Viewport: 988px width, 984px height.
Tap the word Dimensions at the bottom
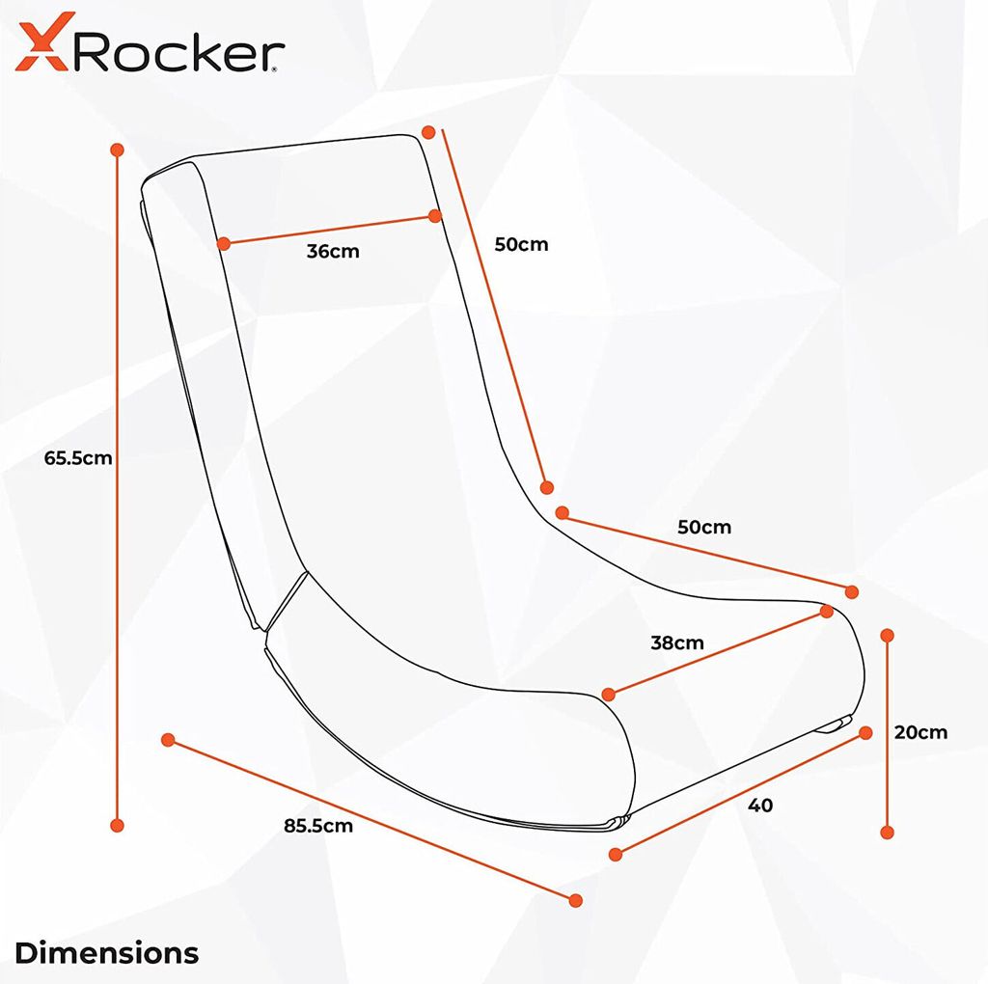coord(106,953)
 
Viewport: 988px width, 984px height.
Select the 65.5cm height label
coord(78,458)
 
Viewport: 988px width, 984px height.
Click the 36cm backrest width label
coord(333,252)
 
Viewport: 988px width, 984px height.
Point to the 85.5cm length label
coord(318,826)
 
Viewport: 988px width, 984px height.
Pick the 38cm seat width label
coord(677,643)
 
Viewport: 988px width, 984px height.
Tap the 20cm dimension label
coord(920,732)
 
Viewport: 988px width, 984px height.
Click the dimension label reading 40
coord(760,806)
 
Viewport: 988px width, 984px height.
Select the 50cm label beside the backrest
coord(521,244)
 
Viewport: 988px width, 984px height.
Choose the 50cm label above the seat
coord(704,527)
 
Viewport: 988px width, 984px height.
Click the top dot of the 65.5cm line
coord(117,150)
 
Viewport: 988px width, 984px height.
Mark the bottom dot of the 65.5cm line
coord(117,825)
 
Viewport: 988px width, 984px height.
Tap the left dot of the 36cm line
coord(224,244)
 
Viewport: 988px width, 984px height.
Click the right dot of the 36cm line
coord(434,216)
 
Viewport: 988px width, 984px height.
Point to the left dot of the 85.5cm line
coord(168,740)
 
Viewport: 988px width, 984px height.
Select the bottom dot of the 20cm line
coord(888,833)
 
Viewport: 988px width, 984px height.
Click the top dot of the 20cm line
coord(888,635)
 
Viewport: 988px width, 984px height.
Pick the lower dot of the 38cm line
coord(608,695)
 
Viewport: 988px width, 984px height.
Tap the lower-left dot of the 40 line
coord(616,854)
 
